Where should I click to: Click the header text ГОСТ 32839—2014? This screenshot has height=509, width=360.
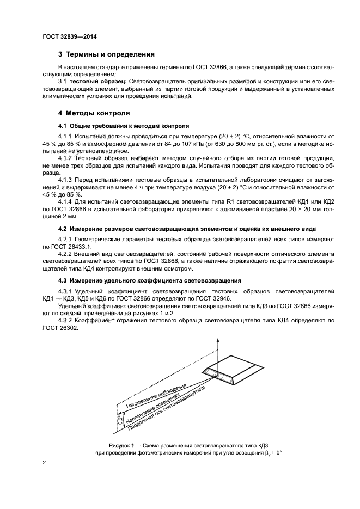[x=65, y=38]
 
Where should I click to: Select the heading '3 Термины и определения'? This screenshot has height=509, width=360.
[x=106, y=54]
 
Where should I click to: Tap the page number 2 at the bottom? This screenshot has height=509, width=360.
[x=44, y=463]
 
